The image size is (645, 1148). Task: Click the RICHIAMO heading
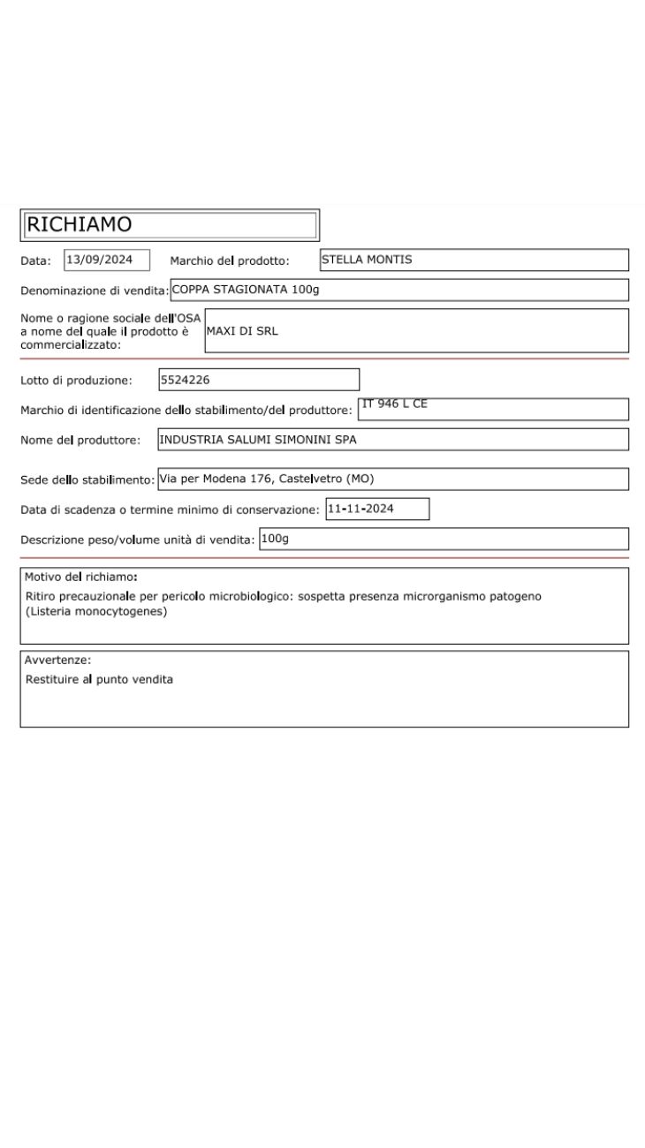click(80, 225)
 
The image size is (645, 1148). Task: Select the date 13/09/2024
click(99, 260)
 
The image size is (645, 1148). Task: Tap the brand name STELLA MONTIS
click(366, 260)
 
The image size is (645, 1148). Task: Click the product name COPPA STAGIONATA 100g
click(245, 290)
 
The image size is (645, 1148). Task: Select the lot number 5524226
click(184, 381)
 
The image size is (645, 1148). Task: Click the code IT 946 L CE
click(394, 404)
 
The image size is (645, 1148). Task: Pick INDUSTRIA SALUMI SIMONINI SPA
click(257, 439)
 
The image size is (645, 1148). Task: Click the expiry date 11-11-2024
click(360, 509)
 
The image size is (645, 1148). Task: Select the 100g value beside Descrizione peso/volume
click(275, 538)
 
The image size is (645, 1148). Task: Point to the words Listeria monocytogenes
click(96, 610)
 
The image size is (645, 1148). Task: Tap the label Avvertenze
click(58, 660)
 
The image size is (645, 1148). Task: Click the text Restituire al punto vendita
click(99, 679)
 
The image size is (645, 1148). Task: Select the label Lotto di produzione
click(76, 381)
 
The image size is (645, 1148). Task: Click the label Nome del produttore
click(80, 440)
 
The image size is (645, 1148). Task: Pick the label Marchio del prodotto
click(230, 261)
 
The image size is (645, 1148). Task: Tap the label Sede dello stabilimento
click(87, 480)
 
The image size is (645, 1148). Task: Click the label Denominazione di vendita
click(95, 291)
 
